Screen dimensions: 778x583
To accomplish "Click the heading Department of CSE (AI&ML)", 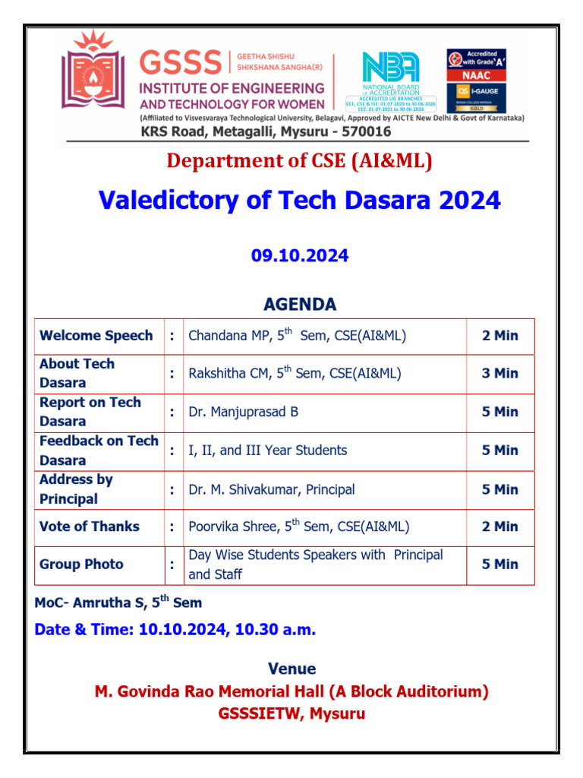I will (x=300, y=161).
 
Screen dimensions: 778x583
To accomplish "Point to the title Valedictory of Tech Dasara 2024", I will (x=300, y=201).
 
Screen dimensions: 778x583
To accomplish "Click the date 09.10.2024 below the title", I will (x=300, y=256).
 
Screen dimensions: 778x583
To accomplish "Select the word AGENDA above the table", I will (x=300, y=305).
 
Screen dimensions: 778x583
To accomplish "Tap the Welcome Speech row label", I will (x=96, y=336).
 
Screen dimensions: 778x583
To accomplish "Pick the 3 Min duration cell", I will (x=499, y=373).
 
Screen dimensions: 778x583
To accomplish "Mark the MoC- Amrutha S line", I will (x=118, y=602).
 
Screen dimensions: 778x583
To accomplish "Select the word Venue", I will (x=291, y=669).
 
